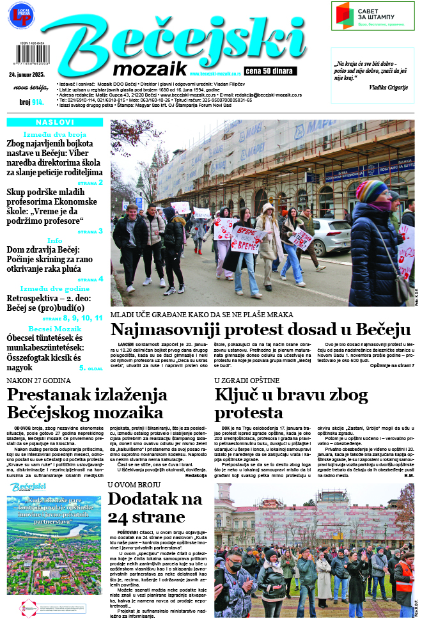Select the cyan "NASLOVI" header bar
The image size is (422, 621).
click(54, 122)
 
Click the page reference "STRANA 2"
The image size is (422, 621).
click(90, 182)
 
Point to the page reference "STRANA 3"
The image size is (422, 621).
click(90, 231)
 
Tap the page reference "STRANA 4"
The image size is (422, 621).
click(90, 279)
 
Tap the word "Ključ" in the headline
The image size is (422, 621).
click(237, 395)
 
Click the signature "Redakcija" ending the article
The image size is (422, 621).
click(196, 475)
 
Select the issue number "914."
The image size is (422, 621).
click(38, 102)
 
